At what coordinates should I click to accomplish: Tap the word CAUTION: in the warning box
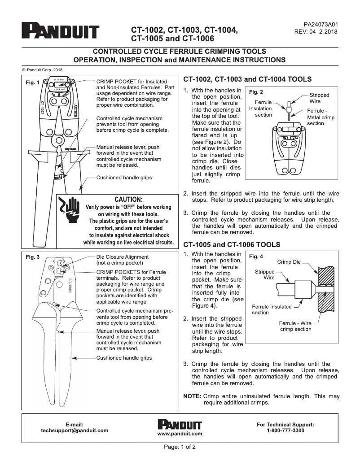[128, 199]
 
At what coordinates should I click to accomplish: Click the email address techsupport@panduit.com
[75, 430]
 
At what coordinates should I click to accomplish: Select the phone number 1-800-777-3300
[285, 430]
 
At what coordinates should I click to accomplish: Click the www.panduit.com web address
[180, 434]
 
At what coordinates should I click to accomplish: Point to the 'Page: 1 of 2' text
[180, 447]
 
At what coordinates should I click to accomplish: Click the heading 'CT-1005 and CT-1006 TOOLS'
[232, 245]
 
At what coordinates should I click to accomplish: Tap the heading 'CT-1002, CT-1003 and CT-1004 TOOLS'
[248, 79]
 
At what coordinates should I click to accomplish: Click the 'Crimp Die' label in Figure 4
[289, 261]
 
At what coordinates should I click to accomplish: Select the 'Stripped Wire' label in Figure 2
[319, 98]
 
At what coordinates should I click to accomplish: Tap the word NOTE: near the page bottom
[193, 396]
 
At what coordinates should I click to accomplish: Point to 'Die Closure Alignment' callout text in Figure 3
[122, 257]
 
